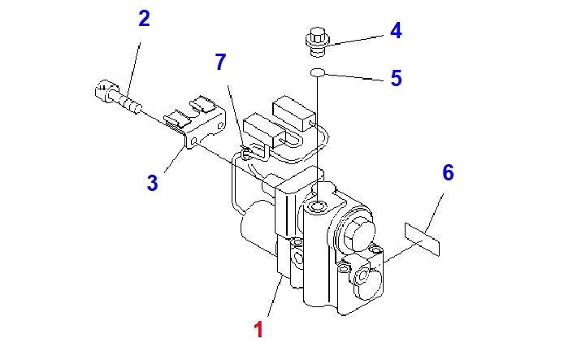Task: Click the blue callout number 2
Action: point(144,18)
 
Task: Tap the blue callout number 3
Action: point(153,182)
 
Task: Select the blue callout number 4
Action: point(396,32)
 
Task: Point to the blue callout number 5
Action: point(396,78)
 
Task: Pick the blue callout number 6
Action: point(448,172)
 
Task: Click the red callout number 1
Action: point(258,330)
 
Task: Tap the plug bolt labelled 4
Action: point(316,40)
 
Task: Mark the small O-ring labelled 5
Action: point(317,74)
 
